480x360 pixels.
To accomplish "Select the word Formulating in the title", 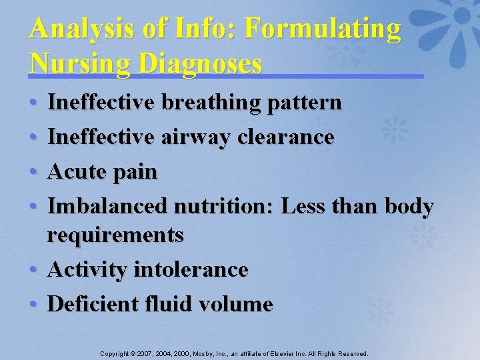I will (323, 29).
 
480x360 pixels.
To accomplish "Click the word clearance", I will (287, 137).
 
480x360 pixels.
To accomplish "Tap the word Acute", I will (75, 171).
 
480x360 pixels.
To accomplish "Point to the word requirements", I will (115, 235).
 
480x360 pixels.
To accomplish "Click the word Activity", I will (87, 270).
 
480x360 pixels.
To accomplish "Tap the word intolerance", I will (191, 269).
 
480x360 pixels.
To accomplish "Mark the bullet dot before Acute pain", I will (34, 172).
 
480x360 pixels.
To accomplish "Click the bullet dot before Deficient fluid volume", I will (34, 305).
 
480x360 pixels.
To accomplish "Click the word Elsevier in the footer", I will (284, 353).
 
